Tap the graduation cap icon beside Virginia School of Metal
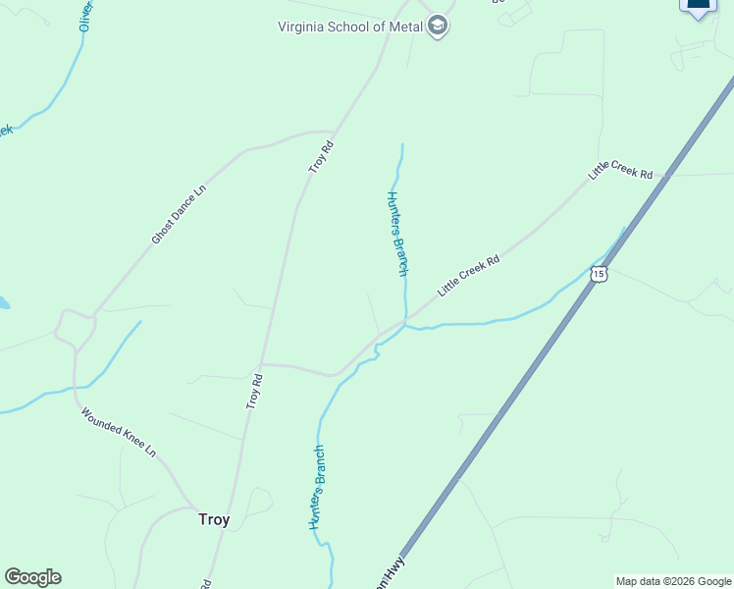tap(438, 27)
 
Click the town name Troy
tap(214, 519)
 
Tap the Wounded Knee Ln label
tap(118, 433)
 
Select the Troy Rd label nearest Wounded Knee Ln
tap(255, 391)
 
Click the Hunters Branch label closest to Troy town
tap(317, 488)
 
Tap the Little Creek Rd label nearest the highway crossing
tap(620, 169)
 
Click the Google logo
tap(32, 577)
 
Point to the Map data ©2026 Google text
tap(673, 581)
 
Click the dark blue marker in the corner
tap(699, 6)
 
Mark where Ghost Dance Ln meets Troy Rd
tap(333, 132)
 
